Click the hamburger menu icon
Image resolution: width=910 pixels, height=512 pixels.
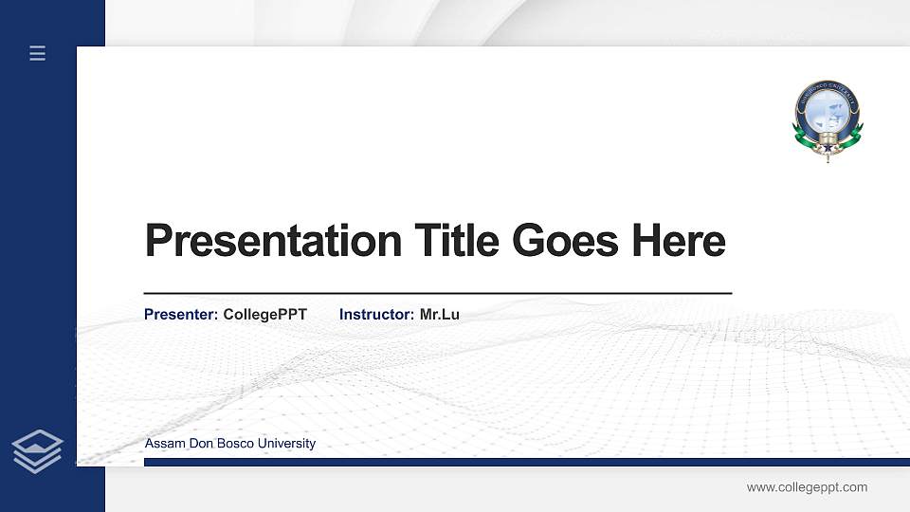37,53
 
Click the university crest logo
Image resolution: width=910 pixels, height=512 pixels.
828,118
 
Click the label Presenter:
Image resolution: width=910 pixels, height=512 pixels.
181,314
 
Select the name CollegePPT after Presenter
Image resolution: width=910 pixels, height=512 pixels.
265,314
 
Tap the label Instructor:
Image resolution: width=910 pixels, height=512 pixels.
376,314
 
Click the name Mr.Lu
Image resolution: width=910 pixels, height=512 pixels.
440,314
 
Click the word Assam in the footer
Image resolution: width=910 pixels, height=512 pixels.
163,444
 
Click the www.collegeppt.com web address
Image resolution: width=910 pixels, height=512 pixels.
807,487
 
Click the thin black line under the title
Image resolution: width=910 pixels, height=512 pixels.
437,294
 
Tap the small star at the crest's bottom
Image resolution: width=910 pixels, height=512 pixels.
827,149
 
